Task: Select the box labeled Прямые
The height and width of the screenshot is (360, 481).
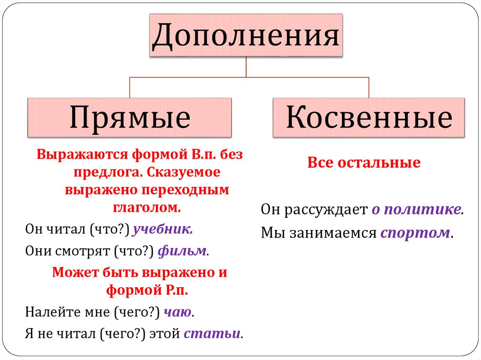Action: [x=130, y=117]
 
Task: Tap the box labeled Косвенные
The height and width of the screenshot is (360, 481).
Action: [x=369, y=117]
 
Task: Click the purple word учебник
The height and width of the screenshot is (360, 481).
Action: [x=163, y=230]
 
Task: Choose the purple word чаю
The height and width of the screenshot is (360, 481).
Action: [x=178, y=312]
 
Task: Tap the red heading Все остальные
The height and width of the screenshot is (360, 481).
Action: [x=364, y=163]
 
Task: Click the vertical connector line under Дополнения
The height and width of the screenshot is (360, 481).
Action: [x=246, y=67]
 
